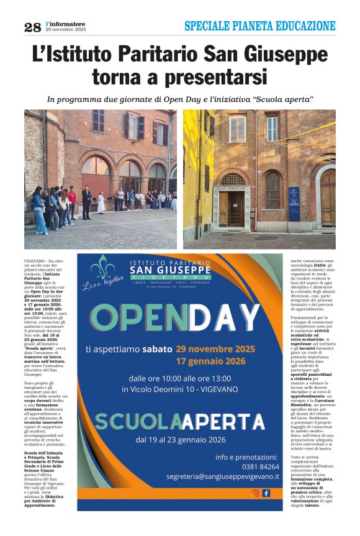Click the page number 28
pyautogui.click(x=32, y=27)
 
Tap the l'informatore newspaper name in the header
pyautogui.click(x=65, y=24)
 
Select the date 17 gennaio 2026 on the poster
pyautogui.click(x=210, y=361)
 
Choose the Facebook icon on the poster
pyautogui.click(x=266, y=493)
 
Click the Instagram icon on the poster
pyautogui.click(x=255, y=493)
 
